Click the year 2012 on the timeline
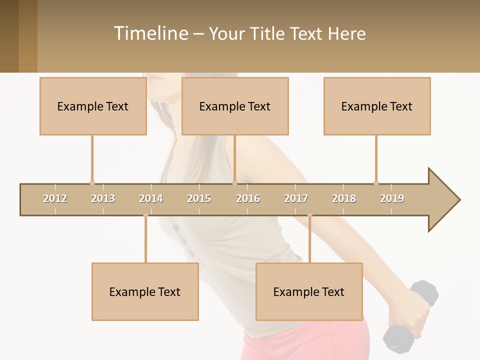click(55, 198)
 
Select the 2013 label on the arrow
click(103, 198)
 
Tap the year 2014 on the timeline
click(151, 198)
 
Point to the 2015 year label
click(199, 198)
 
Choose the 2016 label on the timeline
click(248, 198)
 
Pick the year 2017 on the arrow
click(296, 198)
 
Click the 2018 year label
click(344, 198)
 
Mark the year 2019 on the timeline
click(392, 198)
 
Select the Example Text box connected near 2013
click(93, 106)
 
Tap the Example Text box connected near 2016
click(235, 106)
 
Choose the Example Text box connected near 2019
click(377, 106)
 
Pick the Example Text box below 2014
click(145, 291)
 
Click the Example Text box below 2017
click(309, 291)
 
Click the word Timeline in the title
click(150, 33)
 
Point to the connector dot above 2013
click(92, 183)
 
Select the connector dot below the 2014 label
click(145, 215)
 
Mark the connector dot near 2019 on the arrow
click(376, 183)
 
